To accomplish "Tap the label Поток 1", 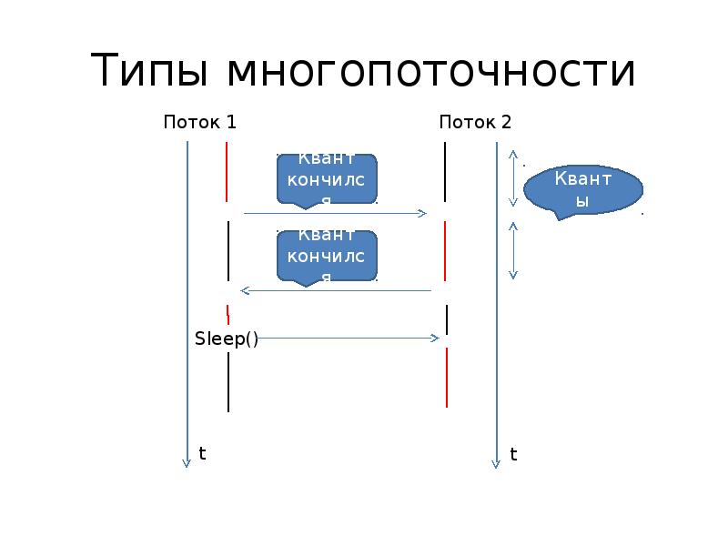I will pyautogui.click(x=199, y=122).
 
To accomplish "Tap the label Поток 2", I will pyautogui.click(x=475, y=122).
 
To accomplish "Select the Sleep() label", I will pyautogui.click(x=227, y=339).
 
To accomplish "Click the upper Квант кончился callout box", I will pyautogui.click(x=327, y=178).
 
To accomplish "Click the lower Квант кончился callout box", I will pyautogui.click(x=327, y=256).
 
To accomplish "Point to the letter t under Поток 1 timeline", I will pyautogui.click(x=203, y=452).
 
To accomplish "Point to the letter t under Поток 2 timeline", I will pyautogui.click(x=513, y=453).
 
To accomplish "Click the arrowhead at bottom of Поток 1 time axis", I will pyautogui.click(x=187, y=462).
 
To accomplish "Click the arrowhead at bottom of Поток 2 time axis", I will pyautogui.click(x=497, y=462).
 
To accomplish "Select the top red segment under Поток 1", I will pyautogui.click(x=227, y=171).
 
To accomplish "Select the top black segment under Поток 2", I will pyautogui.click(x=445, y=171).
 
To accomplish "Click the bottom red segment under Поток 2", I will pyautogui.click(x=447, y=377).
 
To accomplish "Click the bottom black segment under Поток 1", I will pyautogui.click(x=227, y=381).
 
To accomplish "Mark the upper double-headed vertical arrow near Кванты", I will pyautogui.click(x=513, y=178).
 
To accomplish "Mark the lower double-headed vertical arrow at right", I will pyautogui.click(x=513, y=250).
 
